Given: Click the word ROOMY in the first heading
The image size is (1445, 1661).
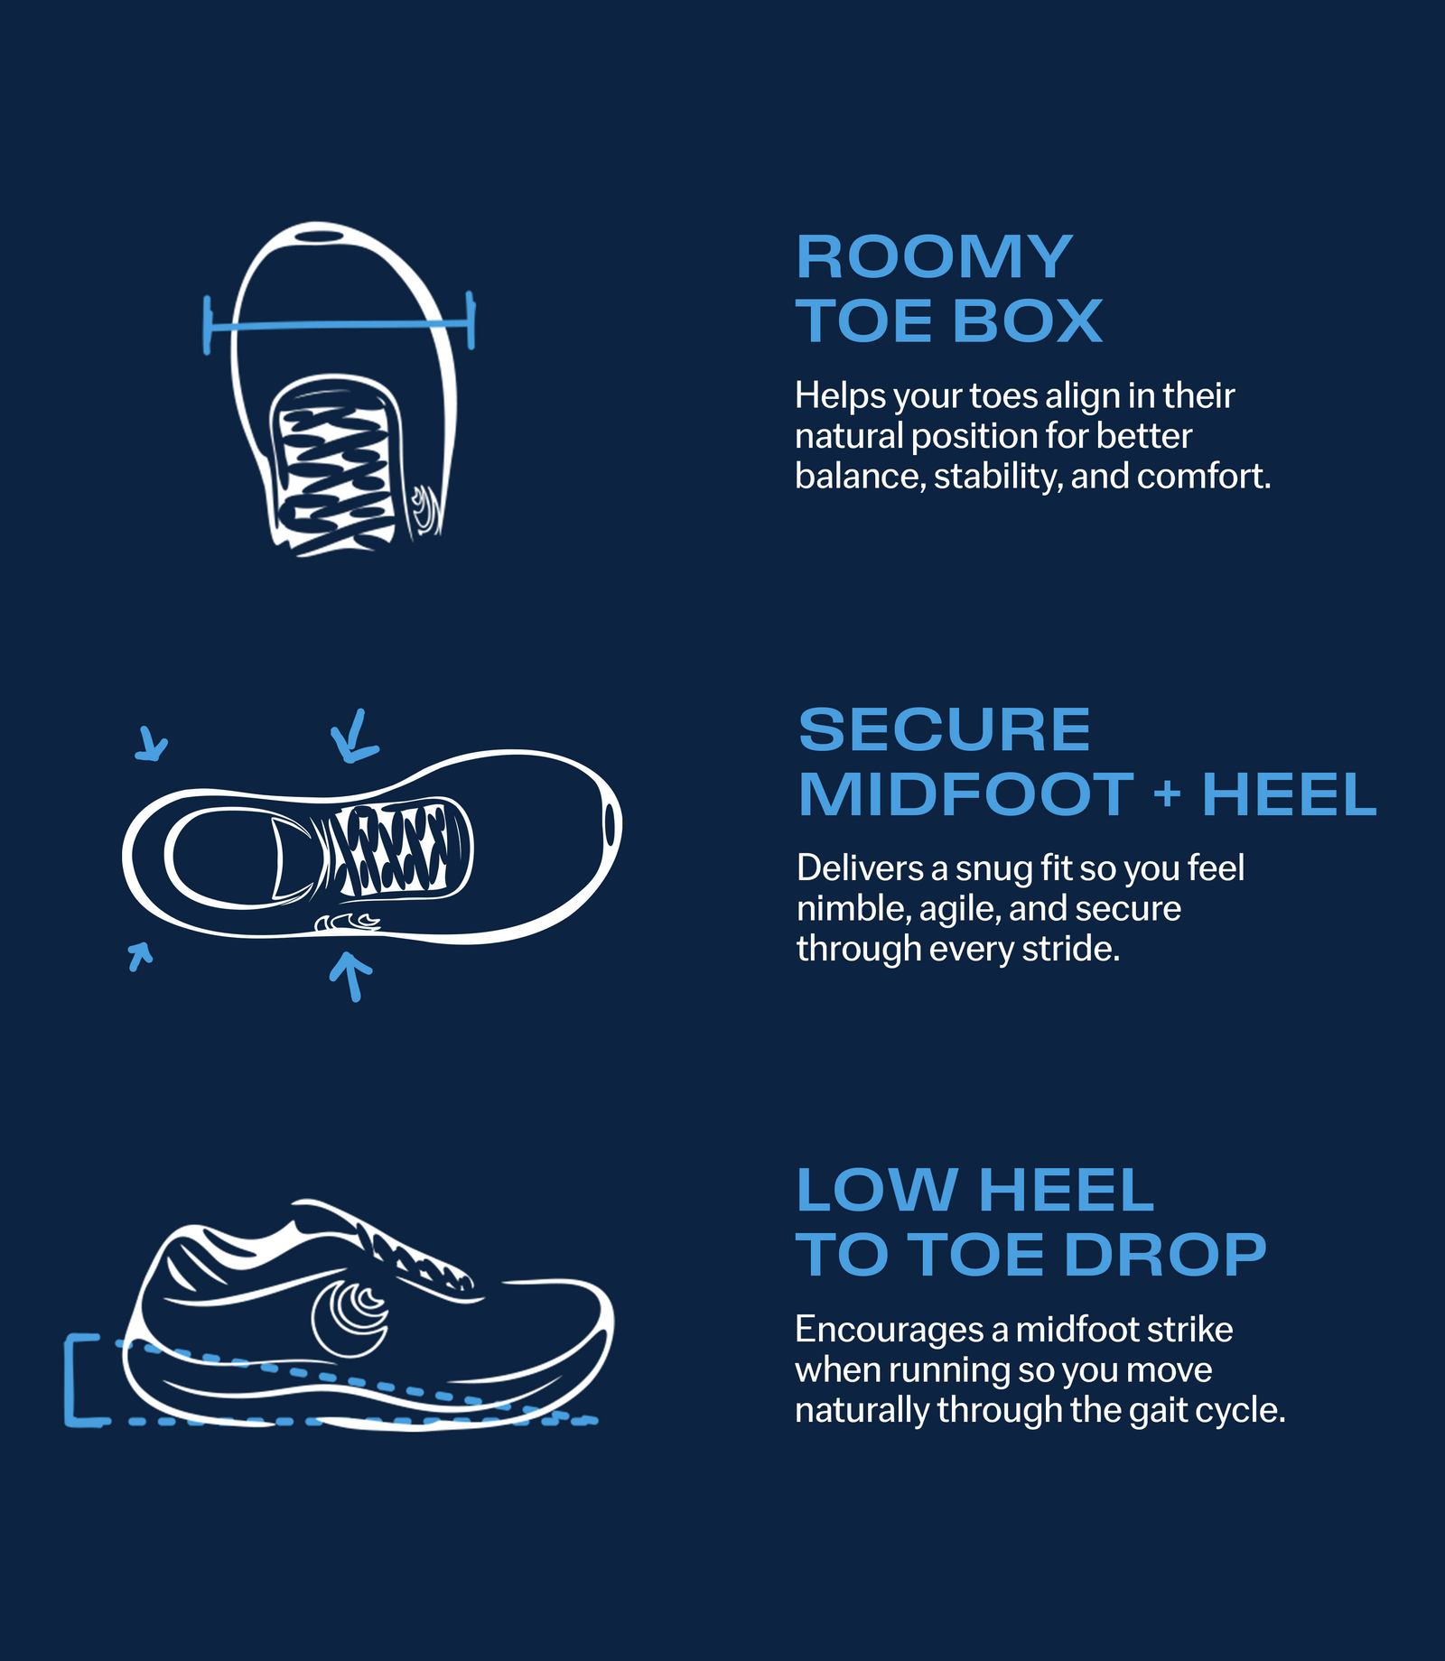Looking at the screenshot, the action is (x=934, y=257).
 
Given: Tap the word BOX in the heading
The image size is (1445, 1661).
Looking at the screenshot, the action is (x=1028, y=321).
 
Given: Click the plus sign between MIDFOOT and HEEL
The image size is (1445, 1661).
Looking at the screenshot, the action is (x=1167, y=794).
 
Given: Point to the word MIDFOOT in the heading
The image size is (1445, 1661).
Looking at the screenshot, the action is (x=965, y=794).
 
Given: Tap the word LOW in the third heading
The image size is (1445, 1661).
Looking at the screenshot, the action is (x=876, y=1190).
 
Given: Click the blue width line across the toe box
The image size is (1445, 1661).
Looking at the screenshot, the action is (x=340, y=324).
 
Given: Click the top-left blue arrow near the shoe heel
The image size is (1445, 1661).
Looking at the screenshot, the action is (x=152, y=743).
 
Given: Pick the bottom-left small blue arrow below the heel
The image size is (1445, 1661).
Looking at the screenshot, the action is (x=139, y=955).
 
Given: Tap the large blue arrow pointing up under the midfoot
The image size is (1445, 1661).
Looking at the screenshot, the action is (x=351, y=976).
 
